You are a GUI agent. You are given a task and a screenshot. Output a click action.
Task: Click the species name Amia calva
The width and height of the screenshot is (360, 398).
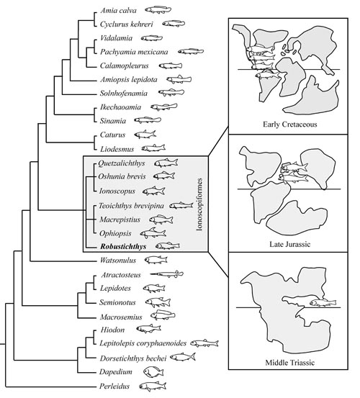[118, 11]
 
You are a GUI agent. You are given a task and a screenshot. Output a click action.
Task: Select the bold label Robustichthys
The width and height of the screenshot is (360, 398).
[123, 246]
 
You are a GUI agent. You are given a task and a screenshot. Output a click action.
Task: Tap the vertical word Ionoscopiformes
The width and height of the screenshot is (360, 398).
[200, 204]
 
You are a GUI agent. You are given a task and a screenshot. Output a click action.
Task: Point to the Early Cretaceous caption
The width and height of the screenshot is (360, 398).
[290, 125]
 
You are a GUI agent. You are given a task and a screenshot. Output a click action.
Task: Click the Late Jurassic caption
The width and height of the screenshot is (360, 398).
[289, 244]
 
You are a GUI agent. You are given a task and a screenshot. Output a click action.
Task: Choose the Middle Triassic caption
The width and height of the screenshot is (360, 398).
[290, 363]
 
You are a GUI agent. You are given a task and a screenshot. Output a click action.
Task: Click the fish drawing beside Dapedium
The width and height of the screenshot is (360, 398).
[153, 372]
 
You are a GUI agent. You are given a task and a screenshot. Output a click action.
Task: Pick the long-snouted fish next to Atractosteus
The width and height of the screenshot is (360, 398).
[166, 274]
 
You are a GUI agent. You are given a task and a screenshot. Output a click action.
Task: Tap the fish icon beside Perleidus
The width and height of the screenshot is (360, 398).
[153, 386]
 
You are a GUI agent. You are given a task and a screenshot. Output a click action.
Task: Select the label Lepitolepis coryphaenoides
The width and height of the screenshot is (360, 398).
[143, 343]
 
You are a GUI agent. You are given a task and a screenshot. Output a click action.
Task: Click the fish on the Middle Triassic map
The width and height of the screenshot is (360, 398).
[323, 302]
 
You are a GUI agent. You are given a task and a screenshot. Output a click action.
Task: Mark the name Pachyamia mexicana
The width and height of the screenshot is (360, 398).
[134, 52]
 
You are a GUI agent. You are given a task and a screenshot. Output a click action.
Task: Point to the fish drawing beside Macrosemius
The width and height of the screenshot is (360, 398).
[163, 315]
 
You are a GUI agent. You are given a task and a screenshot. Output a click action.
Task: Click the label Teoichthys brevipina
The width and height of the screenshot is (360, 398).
[131, 206]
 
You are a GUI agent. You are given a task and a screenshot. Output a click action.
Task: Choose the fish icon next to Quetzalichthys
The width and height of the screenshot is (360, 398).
[166, 163]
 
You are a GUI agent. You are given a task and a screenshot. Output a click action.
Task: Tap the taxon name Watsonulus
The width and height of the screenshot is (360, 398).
[118, 260]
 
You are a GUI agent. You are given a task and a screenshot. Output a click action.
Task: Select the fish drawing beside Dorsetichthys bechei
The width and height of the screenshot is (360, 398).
[183, 357]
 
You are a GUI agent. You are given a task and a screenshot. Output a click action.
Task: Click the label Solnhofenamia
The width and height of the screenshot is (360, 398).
[124, 94]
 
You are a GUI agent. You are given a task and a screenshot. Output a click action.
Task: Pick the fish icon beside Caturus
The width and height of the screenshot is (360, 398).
[145, 135]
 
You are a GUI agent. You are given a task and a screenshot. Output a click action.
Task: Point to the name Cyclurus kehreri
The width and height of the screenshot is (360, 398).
[127, 24]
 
